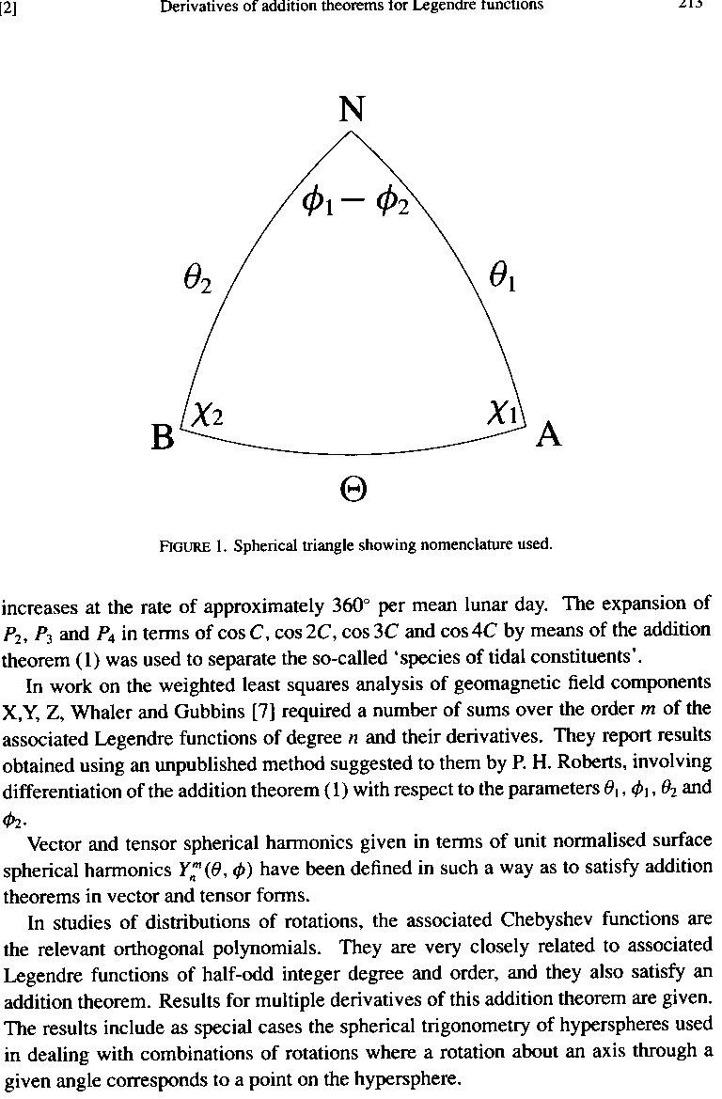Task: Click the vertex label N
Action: [352, 111]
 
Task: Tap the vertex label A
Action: [549, 435]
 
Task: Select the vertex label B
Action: [163, 437]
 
